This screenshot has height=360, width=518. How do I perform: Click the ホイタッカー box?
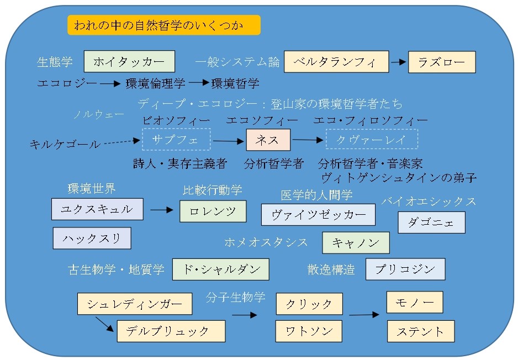[129, 61]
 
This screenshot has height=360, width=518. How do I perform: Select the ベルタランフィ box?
[336, 62]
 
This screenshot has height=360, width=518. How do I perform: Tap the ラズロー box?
[442, 62]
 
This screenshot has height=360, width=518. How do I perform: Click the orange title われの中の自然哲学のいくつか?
[163, 25]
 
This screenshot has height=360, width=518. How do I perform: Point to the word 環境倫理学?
[155, 83]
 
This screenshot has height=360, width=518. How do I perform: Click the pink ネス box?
[268, 140]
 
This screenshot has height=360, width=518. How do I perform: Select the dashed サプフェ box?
[176, 139]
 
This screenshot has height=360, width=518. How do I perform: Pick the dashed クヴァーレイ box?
[371, 140]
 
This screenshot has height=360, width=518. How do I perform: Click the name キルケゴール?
[65, 145]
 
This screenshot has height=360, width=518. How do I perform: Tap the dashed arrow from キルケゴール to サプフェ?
[121, 142]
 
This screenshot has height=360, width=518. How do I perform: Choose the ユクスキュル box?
[97, 209]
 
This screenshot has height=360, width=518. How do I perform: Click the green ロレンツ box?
[213, 211]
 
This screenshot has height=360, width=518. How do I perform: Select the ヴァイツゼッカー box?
[318, 215]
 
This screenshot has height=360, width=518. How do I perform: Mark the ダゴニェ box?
[431, 223]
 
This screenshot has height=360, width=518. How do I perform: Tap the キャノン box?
[356, 242]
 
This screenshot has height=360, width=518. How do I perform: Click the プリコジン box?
[405, 269]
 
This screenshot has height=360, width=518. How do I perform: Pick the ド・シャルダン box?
[220, 269]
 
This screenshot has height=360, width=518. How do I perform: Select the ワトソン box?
[309, 331]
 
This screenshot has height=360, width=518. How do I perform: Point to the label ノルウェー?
[99, 115]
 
